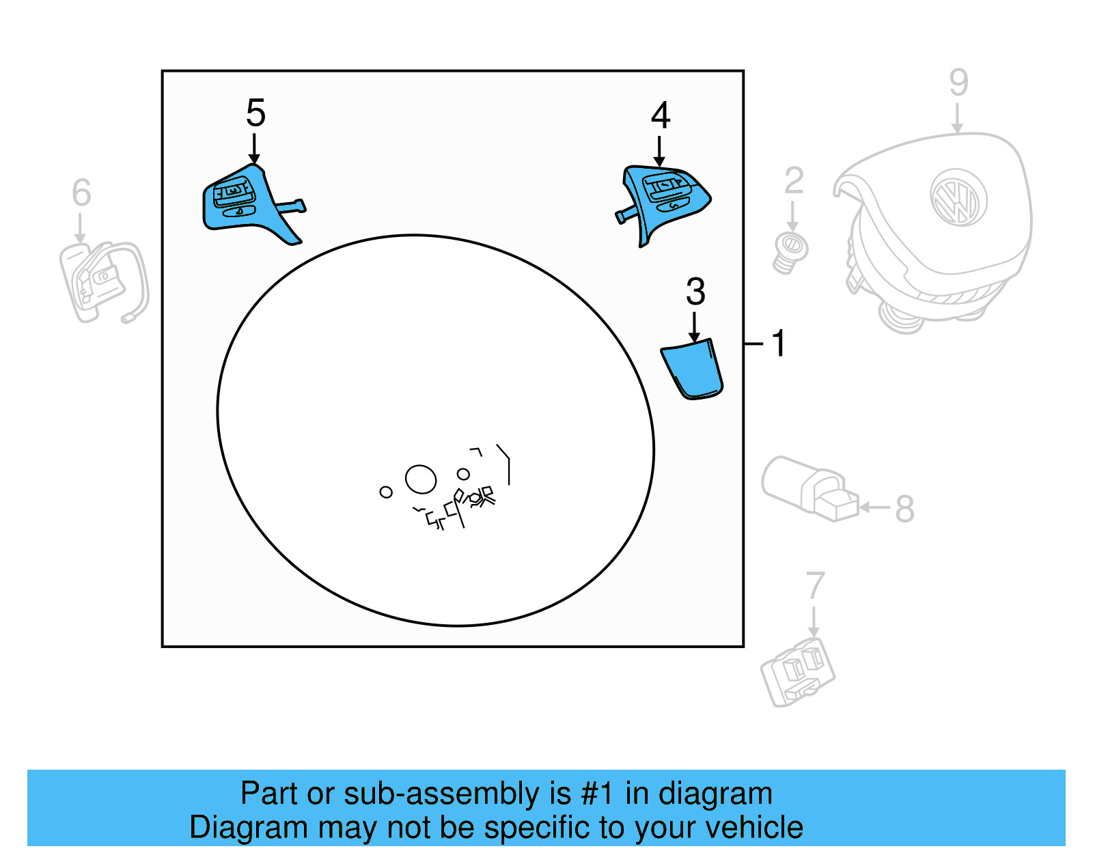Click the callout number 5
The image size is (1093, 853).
[255, 113]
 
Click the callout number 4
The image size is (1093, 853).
[660, 115]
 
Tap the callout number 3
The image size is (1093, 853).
[695, 292]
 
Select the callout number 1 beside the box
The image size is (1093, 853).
[779, 344]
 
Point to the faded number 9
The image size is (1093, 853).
[958, 83]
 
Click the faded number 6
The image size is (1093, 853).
[81, 193]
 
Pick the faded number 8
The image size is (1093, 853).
[904, 509]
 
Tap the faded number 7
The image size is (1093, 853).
[815, 586]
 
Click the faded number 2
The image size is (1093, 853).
[793, 181]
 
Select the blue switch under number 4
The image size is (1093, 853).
[666, 198]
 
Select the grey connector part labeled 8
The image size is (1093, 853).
[811, 488]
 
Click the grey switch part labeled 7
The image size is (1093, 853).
[798, 672]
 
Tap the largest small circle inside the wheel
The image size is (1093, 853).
[421, 479]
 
